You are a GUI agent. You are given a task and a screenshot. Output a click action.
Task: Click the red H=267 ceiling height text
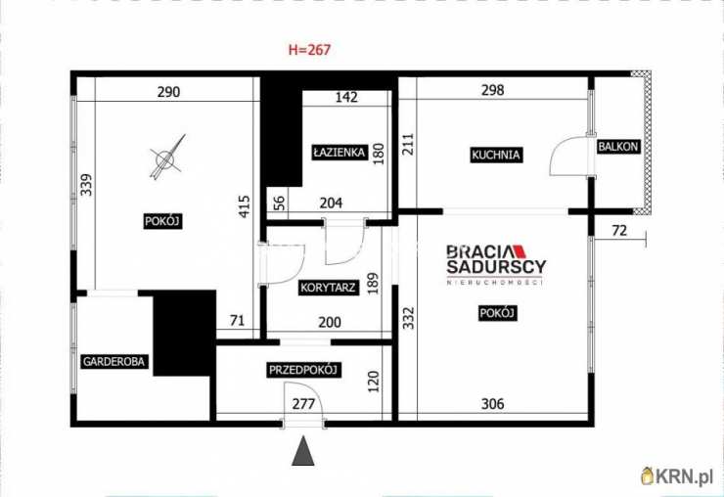pyautogui.click(x=309, y=50)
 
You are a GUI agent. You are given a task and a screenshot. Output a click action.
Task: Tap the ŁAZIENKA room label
pyautogui.click(x=339, y=152)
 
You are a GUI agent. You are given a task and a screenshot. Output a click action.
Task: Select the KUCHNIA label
pyautogui.click(x=495, y=155)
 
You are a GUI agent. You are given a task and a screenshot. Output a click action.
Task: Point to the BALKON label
pyautogui.click(x=617, y=147)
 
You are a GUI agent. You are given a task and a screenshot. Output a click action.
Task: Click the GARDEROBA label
pyautogui.click(x=113, y=361)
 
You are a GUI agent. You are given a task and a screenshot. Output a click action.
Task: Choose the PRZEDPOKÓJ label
pyautogui.click(x=304, y=370)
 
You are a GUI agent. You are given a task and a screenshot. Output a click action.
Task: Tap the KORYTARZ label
pyautogui.click(x=328, y=288)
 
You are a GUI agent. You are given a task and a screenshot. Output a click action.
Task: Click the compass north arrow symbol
pyautogui.click(x=167, y=158)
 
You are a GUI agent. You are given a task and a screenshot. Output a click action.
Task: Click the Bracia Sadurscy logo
pyautogui.click(x=496, y=265)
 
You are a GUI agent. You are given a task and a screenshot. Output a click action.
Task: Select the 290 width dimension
pyautogui.click(x=168, y=92)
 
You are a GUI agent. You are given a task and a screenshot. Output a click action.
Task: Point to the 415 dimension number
pyautogui.click(x=245, y=206)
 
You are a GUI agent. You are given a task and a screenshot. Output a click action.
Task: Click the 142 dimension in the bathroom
pyautogui.click(x=346, y=97)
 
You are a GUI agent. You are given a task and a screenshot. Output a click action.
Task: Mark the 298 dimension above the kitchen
pyautogui.click(x=493, y=90)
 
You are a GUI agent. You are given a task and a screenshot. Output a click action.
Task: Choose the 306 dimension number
pyautogui.click(x=493, y=404)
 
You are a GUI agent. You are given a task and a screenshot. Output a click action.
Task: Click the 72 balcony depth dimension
pyautogui.click(x=619, y=230)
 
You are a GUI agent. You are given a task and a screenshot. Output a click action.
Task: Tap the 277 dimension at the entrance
pyautogui.click(x=303, y=404)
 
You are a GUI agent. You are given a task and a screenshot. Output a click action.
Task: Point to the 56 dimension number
pyautogui.click(x=280, y=203)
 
